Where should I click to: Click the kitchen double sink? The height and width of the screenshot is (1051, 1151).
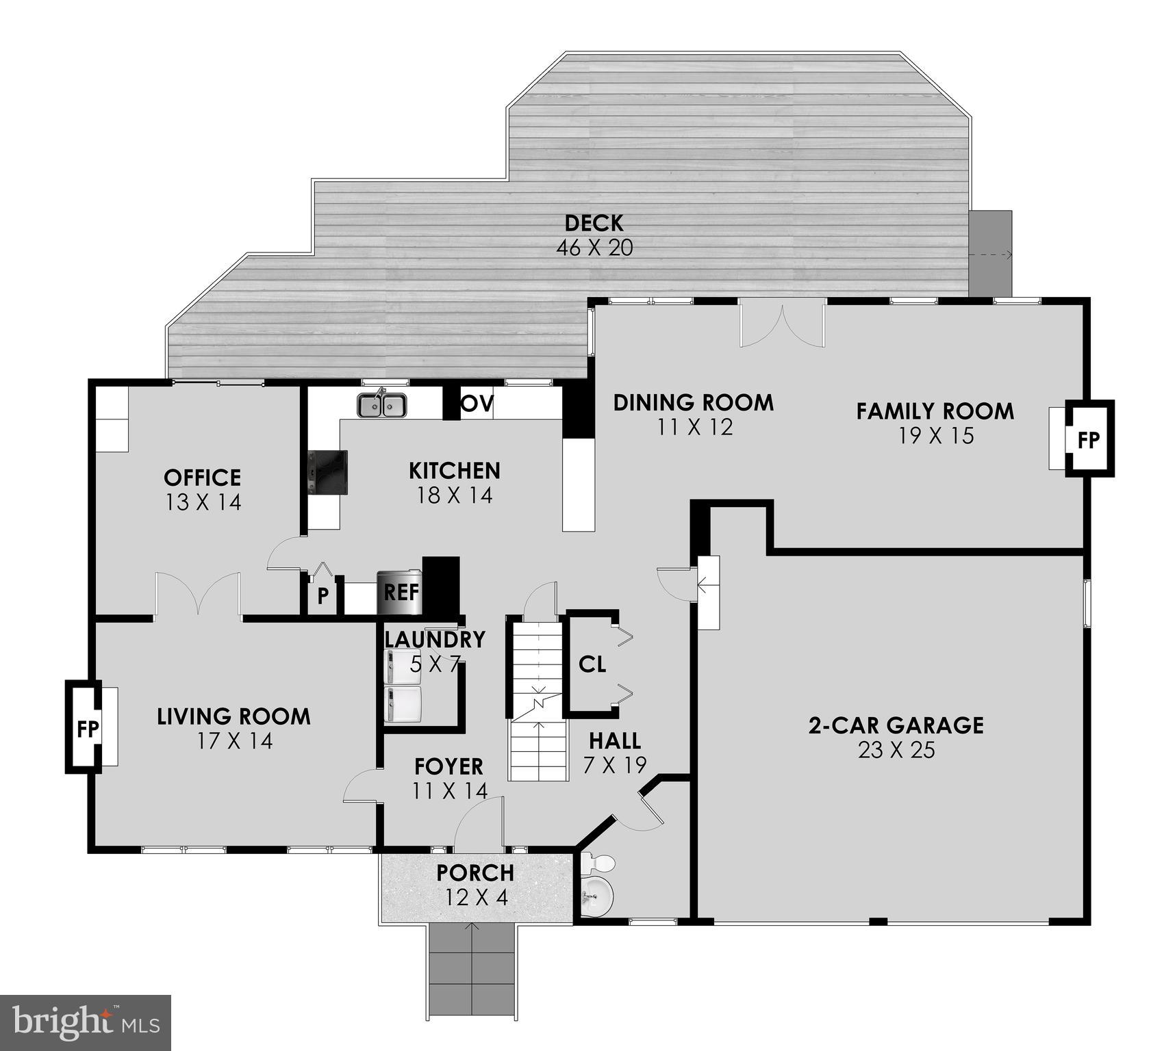(x=381, y=405)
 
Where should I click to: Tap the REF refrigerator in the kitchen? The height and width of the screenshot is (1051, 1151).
(x=400, y=592)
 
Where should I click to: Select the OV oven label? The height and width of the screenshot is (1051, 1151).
(x=477, y=404)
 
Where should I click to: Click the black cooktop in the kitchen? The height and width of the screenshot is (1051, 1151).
(x=328, y=471)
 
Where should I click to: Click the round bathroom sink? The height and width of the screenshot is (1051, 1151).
(x=597, y=894)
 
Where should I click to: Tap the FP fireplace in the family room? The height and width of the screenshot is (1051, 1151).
(x=1088, y=439)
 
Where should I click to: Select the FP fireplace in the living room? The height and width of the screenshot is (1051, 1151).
(x=86, y=728)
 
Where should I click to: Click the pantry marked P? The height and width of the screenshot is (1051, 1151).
(x=322, y=595)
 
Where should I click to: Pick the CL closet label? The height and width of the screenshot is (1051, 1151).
(x=592, y=664)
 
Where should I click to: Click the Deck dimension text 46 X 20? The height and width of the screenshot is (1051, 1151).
(x=594, y=248)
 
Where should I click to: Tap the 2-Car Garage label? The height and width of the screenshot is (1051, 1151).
(x=896, y=725)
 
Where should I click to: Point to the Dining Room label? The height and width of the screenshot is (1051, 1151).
(x=693, y=402)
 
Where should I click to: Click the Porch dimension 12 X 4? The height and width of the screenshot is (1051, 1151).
(x=477, y=897)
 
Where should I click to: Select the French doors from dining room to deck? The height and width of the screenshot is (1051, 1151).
(x=782, y=324)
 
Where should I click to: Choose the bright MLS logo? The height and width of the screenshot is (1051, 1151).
(x=85, y=1023)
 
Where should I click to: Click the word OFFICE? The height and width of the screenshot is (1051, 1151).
(x=202, y=478)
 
